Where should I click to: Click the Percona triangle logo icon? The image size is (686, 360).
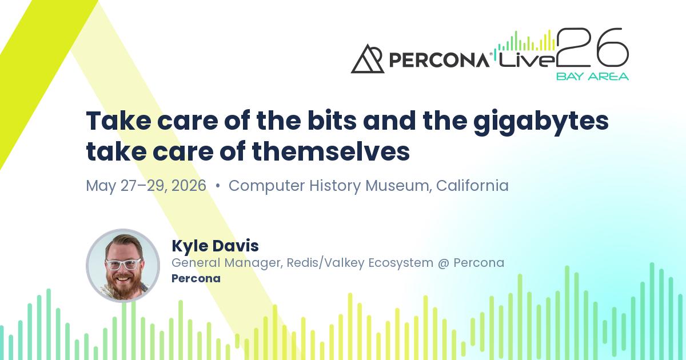[x=367, y=59]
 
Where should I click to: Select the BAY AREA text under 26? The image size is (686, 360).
[x=592, y=77]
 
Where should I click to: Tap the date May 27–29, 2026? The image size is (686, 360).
[x=146, y=186]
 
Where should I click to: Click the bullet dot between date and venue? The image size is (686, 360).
[x=217, y=186]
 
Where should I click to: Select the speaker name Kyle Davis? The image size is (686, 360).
[x=215, y=246]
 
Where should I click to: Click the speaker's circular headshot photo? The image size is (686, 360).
[x=123, y=265]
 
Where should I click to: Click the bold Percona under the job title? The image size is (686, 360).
[x=196, y=278]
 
